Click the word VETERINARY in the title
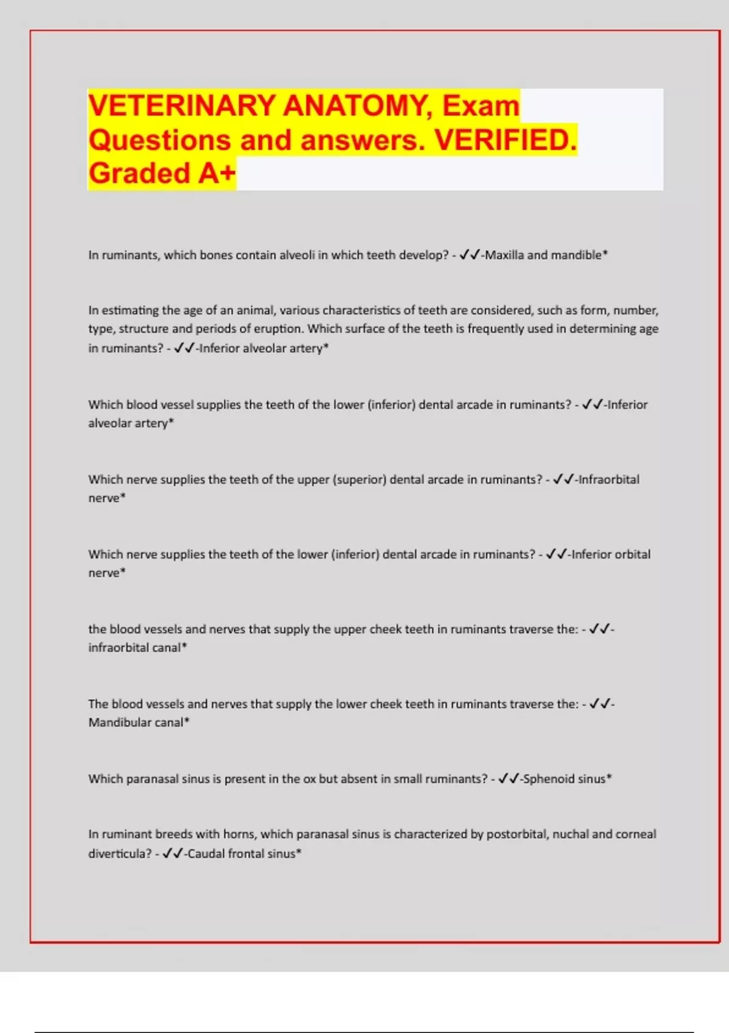point(182,106)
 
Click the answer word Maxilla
point(504,255)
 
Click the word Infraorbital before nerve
point(608,479)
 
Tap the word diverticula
point(120,854)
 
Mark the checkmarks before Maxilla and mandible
point(470,255)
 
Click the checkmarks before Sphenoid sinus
point(508,779)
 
